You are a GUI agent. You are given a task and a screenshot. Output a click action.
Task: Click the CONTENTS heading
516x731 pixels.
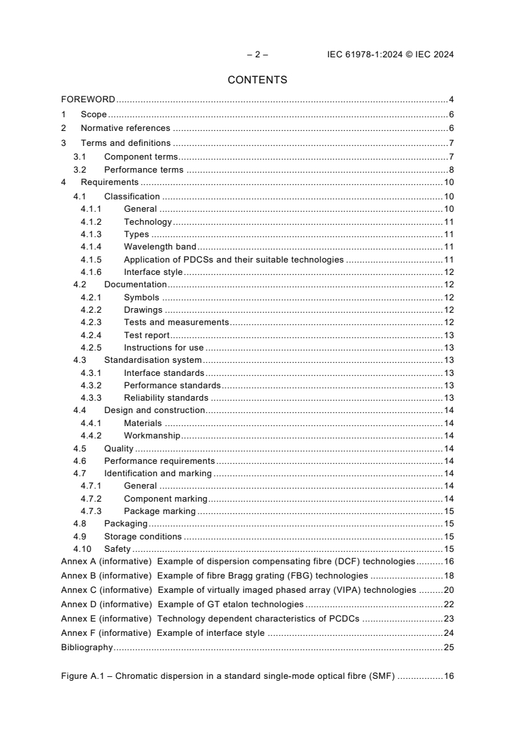(x=257, y=80)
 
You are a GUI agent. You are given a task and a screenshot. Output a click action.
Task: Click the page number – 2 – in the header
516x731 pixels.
(x=257, y=55)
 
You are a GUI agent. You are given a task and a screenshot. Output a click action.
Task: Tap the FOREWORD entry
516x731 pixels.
(x=88, y=100)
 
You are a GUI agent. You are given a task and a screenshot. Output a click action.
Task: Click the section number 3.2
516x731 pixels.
(x=79, y=170)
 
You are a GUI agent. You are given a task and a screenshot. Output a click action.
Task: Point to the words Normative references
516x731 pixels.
(x=125, y=128)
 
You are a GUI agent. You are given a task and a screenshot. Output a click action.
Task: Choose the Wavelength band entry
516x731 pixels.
(x=160, y=247)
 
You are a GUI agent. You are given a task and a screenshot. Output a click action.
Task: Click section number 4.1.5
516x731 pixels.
(x=91, y=259)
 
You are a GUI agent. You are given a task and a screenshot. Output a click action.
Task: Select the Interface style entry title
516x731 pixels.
(x=153, y=272)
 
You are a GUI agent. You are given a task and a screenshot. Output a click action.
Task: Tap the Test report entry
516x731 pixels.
(x=146, y=336)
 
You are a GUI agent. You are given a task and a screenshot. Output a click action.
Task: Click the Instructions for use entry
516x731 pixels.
(x=163, y=348)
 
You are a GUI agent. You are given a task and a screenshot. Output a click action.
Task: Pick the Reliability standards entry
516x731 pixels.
(x=166, y=398)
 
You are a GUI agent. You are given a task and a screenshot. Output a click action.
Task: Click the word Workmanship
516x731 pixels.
(x=152, y=436)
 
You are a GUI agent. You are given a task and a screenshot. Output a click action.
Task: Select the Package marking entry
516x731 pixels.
(x=159, y=511)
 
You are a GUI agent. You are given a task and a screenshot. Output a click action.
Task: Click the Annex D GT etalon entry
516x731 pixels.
(x=182, y=605)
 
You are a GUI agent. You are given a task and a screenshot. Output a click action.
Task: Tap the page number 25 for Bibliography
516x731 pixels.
(x=448, y=648)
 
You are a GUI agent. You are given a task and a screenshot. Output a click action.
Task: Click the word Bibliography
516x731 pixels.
(x=87, y=648)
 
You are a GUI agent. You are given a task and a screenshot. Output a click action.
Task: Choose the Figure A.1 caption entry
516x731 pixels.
(x=228, y=676)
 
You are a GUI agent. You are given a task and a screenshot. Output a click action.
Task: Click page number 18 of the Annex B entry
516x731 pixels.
(x=448, y=576)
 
